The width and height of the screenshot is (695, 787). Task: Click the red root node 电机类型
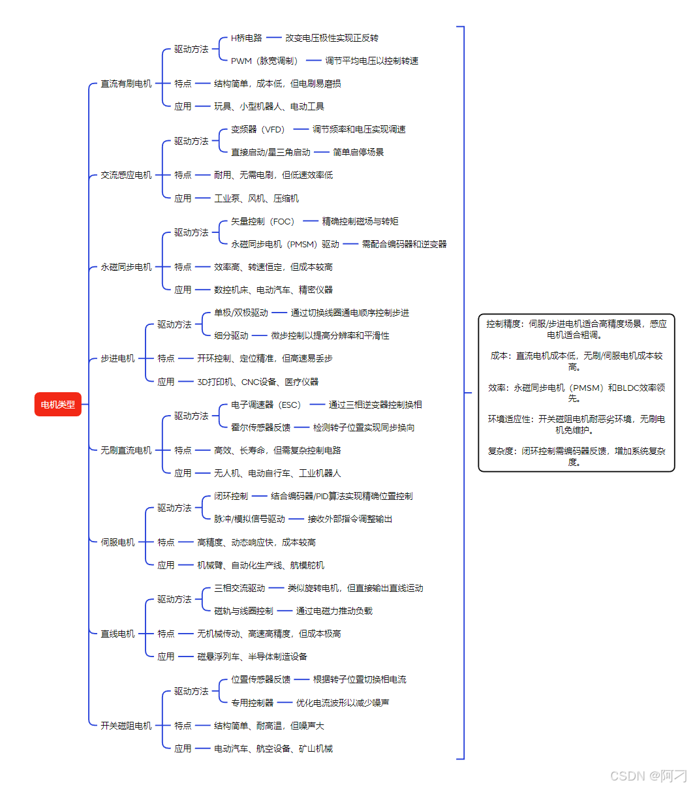pos(57,405)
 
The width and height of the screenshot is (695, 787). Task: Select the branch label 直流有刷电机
pos(126,84)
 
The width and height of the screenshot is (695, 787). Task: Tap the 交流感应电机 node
pos(126,175)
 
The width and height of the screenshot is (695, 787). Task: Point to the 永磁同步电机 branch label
pos(126,267)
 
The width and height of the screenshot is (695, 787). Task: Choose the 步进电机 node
pos(117,358)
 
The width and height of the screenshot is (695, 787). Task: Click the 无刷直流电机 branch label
pos(126,450)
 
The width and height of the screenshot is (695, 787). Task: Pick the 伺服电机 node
pos(117,542)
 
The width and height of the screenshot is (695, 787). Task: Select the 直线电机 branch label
pos(117,634)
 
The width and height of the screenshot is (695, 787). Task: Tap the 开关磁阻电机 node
pos(126,726)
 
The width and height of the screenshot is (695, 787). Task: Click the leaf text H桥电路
pos(246,38)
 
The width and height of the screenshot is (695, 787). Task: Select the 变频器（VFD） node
pos(259,129)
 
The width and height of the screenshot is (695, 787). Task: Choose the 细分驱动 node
pos(231,335)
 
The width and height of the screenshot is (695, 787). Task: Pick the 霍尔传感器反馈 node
pos(260,427)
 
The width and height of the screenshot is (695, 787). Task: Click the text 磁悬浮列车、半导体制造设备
pos(252,656)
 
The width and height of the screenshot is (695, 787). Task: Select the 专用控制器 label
pos(252,703)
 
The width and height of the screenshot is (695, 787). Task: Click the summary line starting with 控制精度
pos(576,329)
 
